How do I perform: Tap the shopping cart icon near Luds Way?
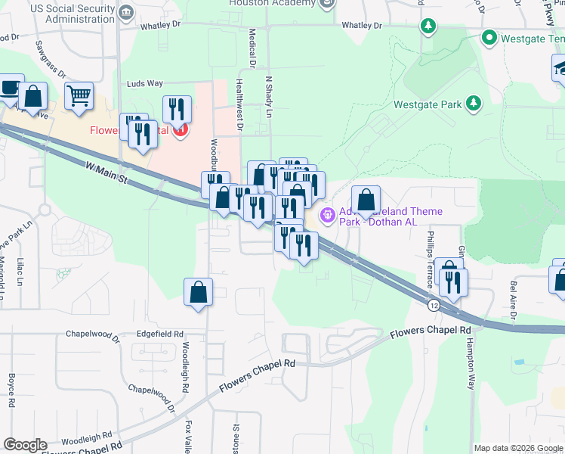click(x=79, y=96)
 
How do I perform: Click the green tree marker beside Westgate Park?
click(x=474, y=103)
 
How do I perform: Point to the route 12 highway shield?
click(x=432, y=304)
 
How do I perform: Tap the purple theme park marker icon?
click(x=327, y=216)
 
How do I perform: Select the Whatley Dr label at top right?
click(x=367, y=25)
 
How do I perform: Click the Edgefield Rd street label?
click(x=160, y=334)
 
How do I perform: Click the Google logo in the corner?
click(x=26, y=445)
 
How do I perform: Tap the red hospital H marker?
click(x=180, y=131)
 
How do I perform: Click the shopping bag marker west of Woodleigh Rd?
click(x=198, y=292)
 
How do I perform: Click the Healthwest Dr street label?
click(x=239, y=104)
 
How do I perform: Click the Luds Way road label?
click(x=145, y=84)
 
